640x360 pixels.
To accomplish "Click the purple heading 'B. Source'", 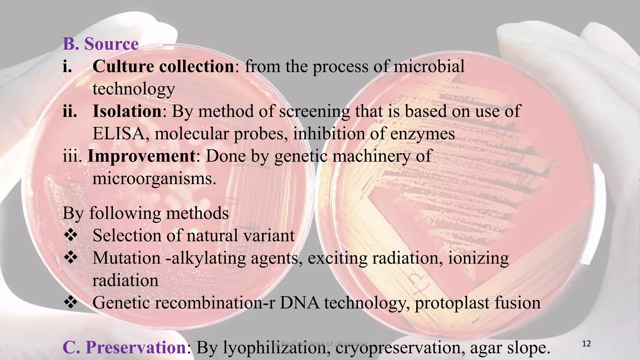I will [x=100, y=44].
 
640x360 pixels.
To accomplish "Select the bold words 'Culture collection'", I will [x=163, y=67].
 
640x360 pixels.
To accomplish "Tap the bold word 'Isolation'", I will [x=127, y=111].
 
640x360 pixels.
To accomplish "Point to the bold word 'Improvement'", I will [x=142, y=156].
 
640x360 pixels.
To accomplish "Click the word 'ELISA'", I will [x=118, y=134].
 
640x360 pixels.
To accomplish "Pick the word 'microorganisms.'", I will [x=154, y=179].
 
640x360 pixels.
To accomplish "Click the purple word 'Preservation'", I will [x=136, y=347].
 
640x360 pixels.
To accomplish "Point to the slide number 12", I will [x=587, y=344].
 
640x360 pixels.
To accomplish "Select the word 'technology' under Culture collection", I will [x=133, y=89].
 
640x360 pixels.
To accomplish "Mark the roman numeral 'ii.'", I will [x=70, y=111].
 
